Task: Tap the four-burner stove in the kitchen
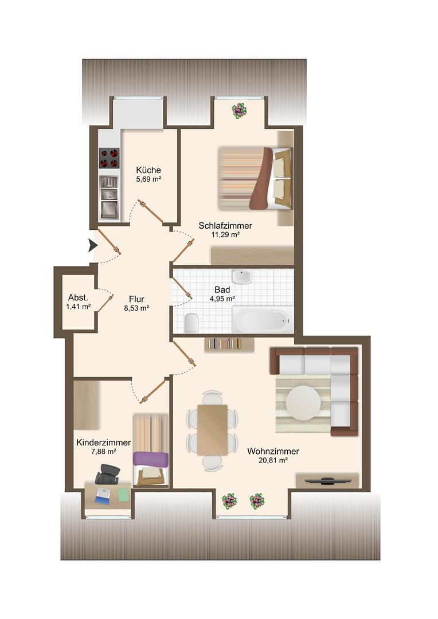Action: coord(108,158)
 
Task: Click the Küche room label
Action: coord(148,170)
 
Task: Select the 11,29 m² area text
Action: coord(225,234)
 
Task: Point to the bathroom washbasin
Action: coord(241,276)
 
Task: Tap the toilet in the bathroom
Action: coord(191,323)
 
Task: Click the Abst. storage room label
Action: coord(78,297)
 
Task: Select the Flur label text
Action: coord(136,299)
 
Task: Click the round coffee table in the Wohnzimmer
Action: coord(303,403)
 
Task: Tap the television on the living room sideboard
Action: coord(327,481)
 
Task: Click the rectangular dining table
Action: coord(213,429)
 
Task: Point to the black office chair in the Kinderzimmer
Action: coord(107,474)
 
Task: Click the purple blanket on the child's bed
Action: coord(150,460)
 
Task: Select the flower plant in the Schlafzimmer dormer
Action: coord(239,111)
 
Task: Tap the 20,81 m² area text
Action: coord(273,460)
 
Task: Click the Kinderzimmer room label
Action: coord(103,442)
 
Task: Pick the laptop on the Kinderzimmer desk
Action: coord(103,495)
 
